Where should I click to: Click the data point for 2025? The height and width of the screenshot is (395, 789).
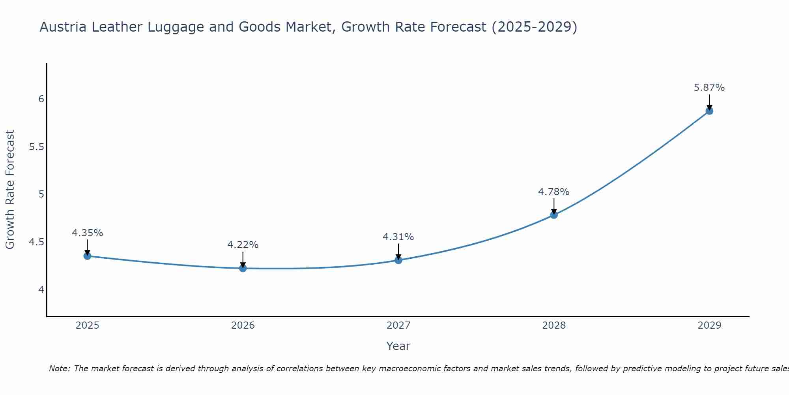click(87, 256)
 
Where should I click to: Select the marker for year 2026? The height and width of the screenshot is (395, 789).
click(243, 268)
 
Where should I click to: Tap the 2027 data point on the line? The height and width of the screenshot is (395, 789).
click(398, 260)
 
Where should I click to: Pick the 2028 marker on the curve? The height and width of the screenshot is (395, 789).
click(553, 215)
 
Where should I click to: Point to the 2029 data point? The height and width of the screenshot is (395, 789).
click(709, 111)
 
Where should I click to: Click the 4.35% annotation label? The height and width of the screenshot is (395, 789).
click(87, 233)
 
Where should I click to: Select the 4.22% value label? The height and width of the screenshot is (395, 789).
click(243, 245)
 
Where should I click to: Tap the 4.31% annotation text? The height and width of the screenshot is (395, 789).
click(398, 237)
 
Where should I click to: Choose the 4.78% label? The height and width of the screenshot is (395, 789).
click(553, 192)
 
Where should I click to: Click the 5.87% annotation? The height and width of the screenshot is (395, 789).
click(709, 88)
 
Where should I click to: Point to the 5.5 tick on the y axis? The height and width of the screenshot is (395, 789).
click(36, 147)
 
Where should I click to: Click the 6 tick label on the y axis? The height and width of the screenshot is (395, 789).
click(41, 99)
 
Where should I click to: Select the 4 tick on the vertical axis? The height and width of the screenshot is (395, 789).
click(41, 290)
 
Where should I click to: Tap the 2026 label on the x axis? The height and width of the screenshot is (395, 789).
click(243, 325)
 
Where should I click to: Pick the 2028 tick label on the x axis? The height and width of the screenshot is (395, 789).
click(553, 325)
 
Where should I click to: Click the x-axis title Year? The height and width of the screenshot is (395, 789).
click(398, 346)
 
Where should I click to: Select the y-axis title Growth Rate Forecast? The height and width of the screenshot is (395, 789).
click(10, 190)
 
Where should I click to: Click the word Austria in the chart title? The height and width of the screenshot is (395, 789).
click(63, 27)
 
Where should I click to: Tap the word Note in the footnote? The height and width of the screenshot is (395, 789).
click(59, 369)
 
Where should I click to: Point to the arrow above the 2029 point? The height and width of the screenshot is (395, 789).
click(709, 102)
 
